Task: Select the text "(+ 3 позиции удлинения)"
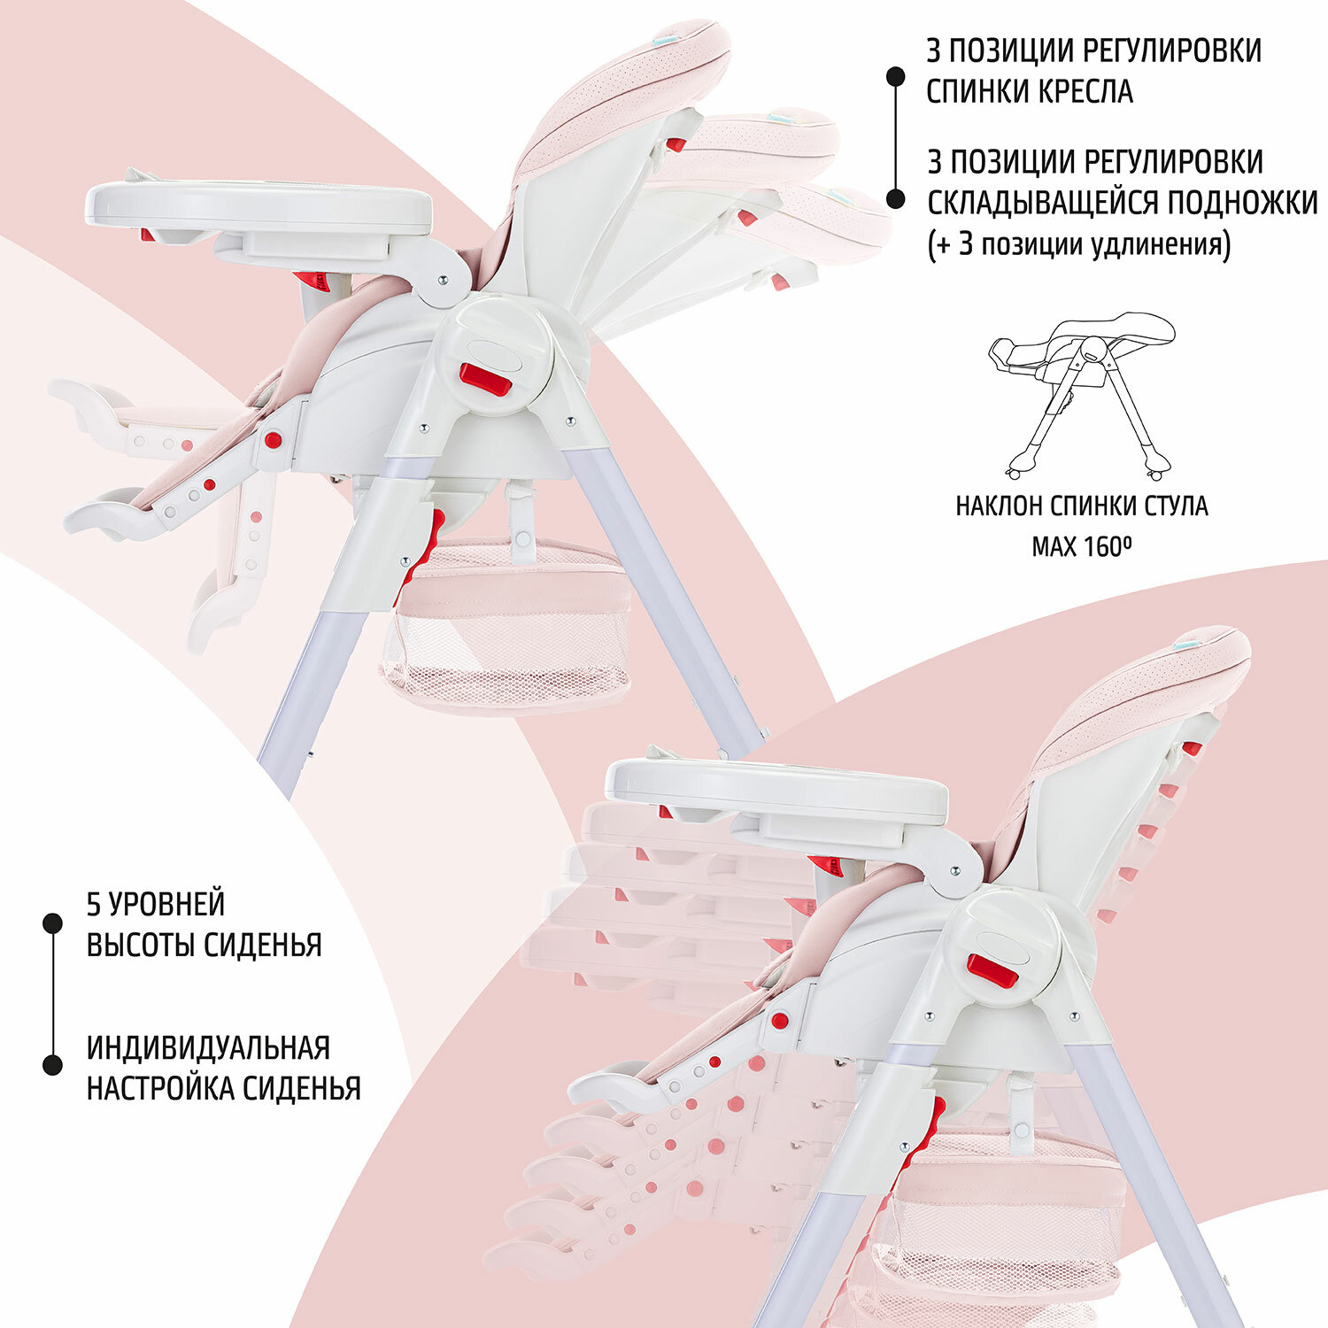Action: (1078, 244)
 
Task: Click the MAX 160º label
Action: (1082, 546)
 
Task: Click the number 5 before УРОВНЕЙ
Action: (93, 904)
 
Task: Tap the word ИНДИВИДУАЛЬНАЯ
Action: (208, 1047)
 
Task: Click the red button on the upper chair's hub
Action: (485, 379)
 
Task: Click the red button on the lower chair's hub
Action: (992, 970)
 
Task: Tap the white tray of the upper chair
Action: (259, 205)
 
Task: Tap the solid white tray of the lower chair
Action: (776, 791)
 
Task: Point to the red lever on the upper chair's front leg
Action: (425, 547)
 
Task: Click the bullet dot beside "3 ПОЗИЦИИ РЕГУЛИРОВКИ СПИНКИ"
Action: (896, 76)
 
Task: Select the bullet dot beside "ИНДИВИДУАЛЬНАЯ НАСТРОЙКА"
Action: (53, 1065)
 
